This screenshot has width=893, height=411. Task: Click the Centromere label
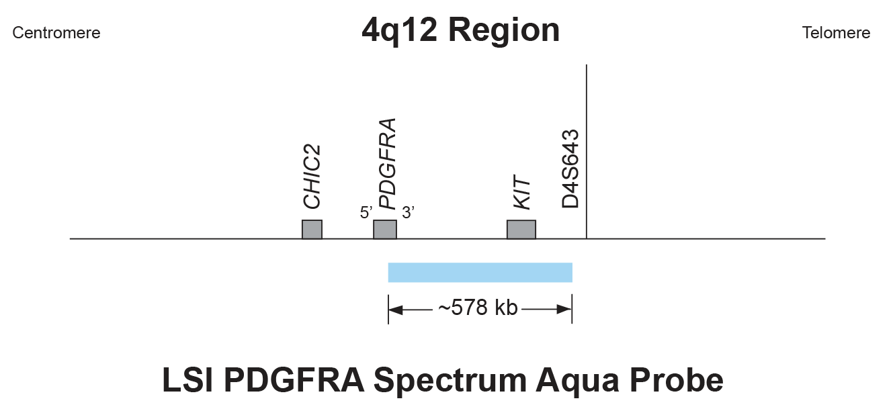tap(56, 33)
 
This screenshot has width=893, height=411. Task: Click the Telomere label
tap(836, 33)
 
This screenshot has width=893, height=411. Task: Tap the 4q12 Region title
tap(460, 30)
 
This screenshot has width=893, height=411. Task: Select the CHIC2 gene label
tap(312, 177)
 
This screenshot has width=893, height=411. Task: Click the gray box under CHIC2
tap(312, 230)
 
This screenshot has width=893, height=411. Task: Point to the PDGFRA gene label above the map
tap(387, 164)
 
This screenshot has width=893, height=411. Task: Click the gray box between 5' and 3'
tap(385, 230)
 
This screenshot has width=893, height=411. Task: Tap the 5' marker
tap(366, 213)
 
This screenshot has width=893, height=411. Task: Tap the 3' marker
tap(409, 213)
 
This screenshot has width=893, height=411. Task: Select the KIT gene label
tap(522, 192)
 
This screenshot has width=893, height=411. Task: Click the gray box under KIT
tap(521, 230)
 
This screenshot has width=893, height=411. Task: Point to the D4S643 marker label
tap(570, 169)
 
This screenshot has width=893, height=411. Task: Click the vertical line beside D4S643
tap(587, 152)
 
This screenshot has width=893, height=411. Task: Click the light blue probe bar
tap(480, 273)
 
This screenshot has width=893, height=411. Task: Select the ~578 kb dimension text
tap(478, 308)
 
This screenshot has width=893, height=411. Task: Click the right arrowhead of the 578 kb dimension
tap(564, 310)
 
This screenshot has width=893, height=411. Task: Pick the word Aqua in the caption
tap(578, 381)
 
